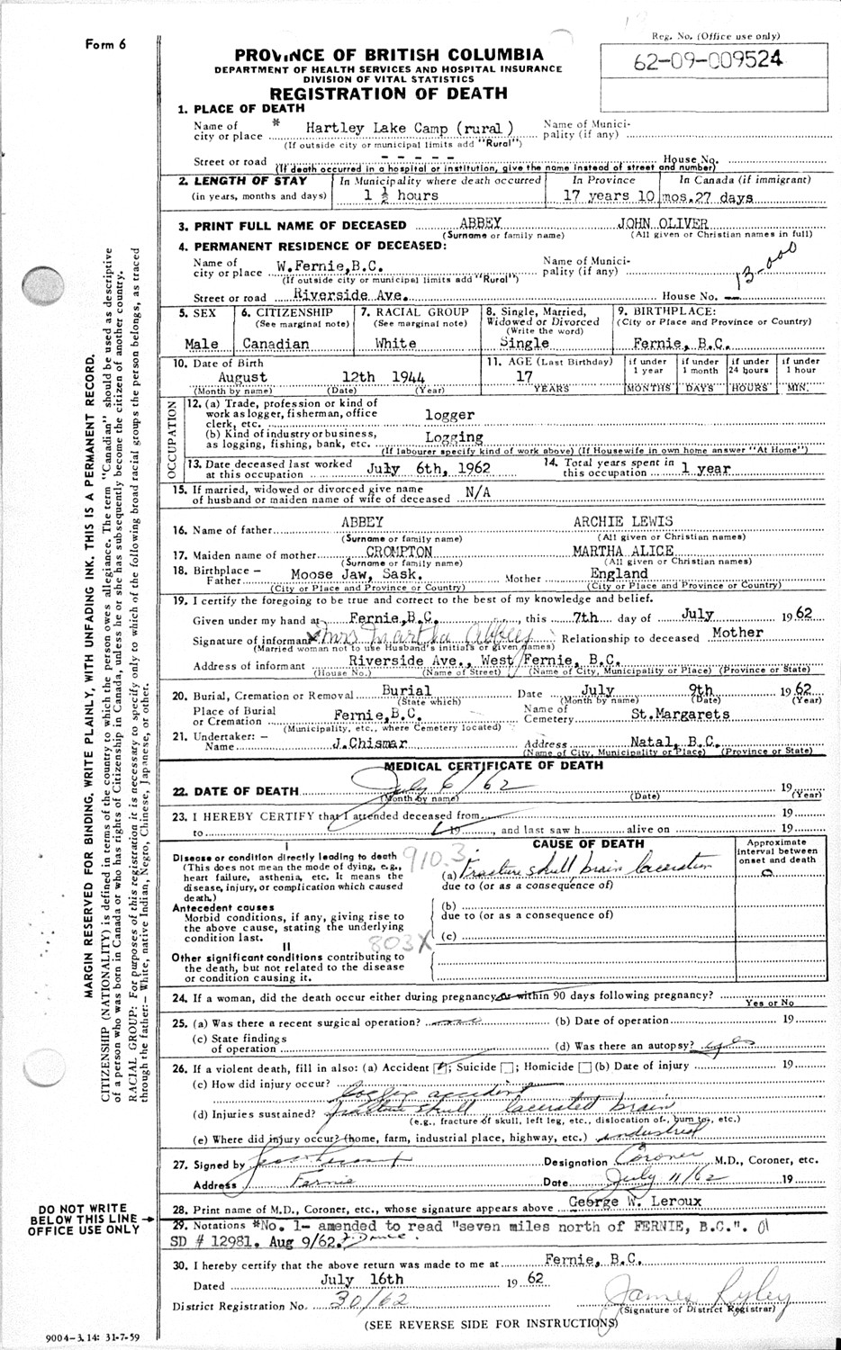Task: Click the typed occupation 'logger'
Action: click(449, 415)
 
